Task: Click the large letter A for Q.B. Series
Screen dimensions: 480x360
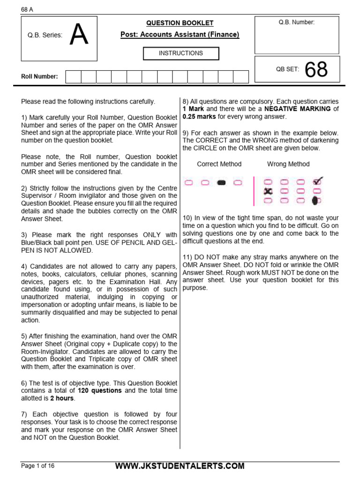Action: tap(79, 36)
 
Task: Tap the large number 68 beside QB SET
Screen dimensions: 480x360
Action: tap(316, 70)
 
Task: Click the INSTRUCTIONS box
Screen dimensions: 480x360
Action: tap(180, 53)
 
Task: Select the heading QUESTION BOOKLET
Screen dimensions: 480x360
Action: tap(180, 22)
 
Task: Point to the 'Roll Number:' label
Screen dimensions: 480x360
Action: tap(40, 76)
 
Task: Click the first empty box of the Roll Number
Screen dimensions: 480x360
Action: tap(73, 77)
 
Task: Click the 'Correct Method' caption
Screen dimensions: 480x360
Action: tap(219, 164)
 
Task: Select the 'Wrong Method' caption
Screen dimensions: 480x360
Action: tap(288, 164)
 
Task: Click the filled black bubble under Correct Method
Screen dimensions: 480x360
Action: tap(222, 182)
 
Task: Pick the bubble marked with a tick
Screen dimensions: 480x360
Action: tap(317, 181)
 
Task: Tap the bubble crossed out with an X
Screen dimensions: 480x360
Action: tap(268, 191)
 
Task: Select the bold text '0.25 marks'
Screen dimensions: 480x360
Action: tap(199, 117)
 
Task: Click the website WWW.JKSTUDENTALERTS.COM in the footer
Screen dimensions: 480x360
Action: tap(180, 465)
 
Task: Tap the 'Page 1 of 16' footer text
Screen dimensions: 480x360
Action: tap(38, 465)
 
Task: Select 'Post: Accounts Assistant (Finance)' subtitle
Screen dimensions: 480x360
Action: tap(180, 35)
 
